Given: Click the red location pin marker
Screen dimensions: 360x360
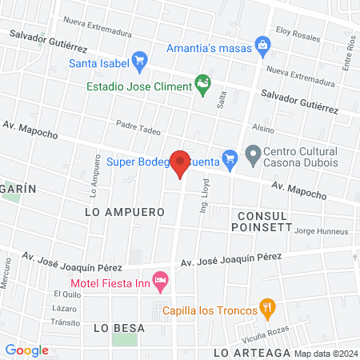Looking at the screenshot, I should pos(181,162).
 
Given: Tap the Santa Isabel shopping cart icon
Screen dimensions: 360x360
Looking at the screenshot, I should pos(139,59).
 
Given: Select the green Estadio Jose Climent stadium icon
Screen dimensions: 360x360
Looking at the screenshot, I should pos(203,82).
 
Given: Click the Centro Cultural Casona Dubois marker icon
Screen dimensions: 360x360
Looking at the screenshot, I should pos(253,153).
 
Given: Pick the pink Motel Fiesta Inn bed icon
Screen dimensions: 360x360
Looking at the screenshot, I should pos(160,278).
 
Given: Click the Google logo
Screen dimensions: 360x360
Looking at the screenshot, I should pos(26,350).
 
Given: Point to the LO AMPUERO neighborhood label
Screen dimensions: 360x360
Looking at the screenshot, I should pos(124,212).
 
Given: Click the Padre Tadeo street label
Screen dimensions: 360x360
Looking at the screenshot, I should pos(138,126).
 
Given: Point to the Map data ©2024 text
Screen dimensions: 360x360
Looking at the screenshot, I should pos(325,353).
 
